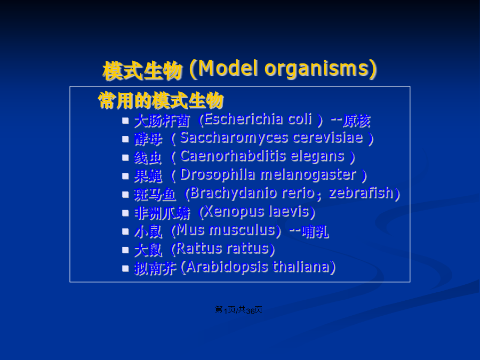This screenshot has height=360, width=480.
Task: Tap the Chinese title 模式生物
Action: coord(142,70)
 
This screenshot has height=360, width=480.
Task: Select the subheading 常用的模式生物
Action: coord(161,100)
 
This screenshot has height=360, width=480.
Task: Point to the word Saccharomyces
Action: coord(234,138)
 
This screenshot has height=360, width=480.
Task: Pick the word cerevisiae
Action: coord(328,138)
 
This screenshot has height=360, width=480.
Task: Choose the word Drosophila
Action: coord(218,175)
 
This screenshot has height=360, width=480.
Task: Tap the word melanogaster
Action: coord(308,175)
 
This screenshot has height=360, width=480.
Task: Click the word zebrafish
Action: coord(361,193)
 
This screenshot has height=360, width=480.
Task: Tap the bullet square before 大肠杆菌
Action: coord(125,121)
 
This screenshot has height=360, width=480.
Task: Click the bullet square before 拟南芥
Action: coord(125,268)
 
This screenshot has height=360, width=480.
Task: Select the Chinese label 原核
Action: coord(356,121)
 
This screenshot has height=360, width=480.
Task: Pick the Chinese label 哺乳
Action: coord(315,232)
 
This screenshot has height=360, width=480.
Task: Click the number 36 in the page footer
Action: coord(251,311)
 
